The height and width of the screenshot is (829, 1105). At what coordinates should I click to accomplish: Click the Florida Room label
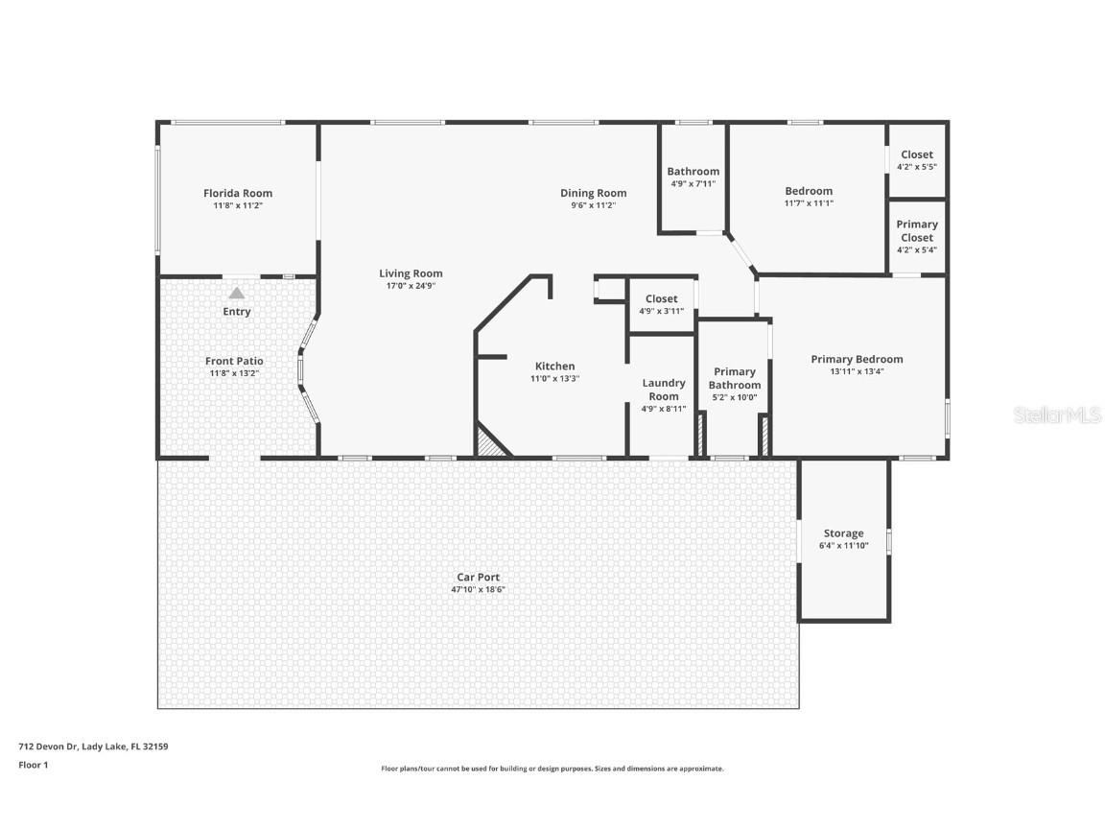point(237,193)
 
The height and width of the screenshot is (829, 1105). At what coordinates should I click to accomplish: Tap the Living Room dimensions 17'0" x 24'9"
point(411,286)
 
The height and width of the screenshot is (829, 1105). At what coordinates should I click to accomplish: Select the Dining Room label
point(593,193)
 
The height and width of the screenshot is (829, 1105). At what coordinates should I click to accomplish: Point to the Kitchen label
point(554,366)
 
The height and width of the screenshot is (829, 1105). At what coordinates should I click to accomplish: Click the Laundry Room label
point(663,390)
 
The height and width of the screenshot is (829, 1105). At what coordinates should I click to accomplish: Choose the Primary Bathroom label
point(735,378)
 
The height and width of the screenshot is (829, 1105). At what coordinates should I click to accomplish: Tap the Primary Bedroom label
point(857,359)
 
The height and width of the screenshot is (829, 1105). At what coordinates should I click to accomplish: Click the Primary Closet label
point(916,230)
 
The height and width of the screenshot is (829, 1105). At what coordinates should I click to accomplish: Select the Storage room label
point(843,533)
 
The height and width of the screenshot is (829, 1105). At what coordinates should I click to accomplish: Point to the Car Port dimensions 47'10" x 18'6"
point(478,590)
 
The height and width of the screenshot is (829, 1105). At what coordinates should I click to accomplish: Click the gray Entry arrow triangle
point(236,293)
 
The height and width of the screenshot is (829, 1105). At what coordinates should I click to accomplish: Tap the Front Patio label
point(234,361)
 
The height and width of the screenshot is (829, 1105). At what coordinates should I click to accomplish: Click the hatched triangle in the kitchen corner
point(490,443)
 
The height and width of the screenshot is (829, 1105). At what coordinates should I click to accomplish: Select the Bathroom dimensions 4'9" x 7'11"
point(693,184)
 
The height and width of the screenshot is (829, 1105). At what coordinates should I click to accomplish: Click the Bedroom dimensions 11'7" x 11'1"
point(809,203)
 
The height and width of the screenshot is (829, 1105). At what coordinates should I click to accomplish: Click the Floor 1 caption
point(33,765)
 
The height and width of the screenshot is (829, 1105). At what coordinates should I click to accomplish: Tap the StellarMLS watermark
point(1058,415)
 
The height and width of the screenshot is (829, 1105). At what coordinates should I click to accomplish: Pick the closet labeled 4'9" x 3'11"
point(661,304)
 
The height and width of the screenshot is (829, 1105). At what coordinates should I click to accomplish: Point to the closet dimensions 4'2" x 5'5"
point(916,167)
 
